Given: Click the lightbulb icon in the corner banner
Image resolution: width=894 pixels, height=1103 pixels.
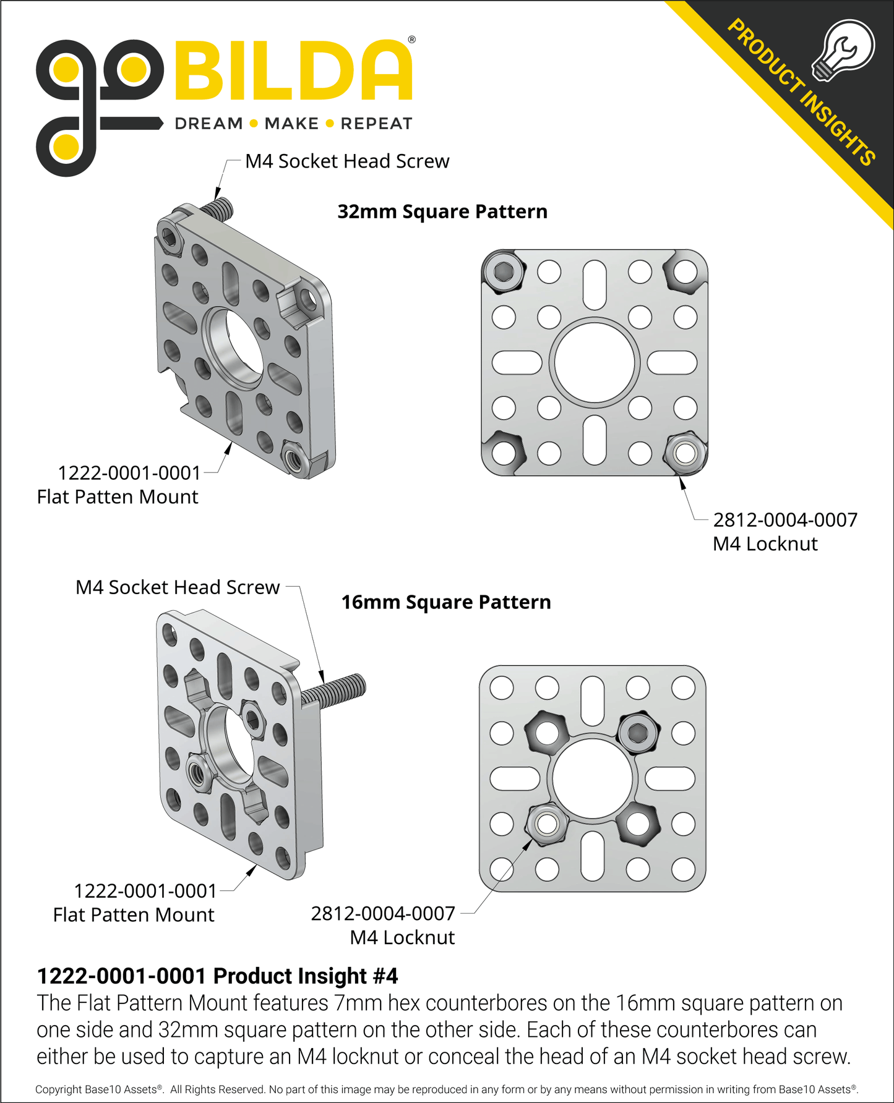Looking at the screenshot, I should coord(843,49).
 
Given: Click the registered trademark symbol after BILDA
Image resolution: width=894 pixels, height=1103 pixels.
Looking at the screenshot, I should coord(412,40).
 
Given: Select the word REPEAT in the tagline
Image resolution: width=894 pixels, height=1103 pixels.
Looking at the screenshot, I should coord(376,124).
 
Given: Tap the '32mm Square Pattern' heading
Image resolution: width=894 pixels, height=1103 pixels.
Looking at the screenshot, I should coord(442,211).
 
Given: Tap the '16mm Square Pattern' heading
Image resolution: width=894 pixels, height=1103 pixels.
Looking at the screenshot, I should coord(445,602).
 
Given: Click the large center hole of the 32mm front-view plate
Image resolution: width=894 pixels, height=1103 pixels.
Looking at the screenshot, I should coord(595,363).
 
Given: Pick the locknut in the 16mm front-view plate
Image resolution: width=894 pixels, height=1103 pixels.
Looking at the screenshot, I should coord(547,824).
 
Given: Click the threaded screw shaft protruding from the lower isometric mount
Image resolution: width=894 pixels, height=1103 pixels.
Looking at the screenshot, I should coord(337,691).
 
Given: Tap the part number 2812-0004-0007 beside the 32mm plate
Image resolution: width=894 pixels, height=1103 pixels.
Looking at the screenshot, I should coord(785,520).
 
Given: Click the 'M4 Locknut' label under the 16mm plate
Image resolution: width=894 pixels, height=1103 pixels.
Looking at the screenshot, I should coord(402,937).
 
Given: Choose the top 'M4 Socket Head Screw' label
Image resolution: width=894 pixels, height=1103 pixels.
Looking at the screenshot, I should coord(347,161).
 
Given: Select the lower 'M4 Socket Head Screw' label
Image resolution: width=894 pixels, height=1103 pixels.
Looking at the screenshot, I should coord(178,587).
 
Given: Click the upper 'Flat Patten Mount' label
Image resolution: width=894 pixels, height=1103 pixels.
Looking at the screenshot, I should coord(118,497).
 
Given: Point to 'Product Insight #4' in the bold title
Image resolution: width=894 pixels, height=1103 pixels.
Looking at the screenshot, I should coord(306,976).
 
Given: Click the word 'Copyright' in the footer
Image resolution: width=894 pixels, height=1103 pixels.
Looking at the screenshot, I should coord(58,1089).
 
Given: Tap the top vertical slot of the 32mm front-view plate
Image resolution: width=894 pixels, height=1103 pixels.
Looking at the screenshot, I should coord(595,285).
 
